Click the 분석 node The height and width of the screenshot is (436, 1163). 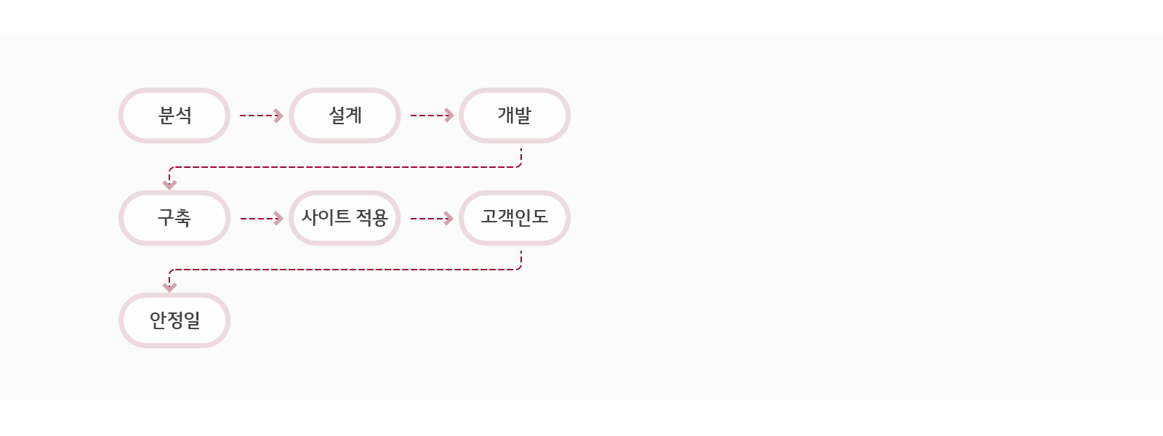tap(174, 116)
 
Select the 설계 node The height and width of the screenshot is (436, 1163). tap(345, 116)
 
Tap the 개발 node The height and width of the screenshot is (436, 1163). tap(515, 116)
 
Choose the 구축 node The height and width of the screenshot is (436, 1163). tap(174, 218)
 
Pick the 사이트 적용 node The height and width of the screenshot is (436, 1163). tap(345, 218)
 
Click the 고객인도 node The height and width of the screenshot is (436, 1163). tap(515, 218)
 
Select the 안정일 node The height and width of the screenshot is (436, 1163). tap(174, 320)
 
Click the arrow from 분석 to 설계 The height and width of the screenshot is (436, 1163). tap(261, 116)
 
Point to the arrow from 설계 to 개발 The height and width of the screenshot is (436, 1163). tap(432, 116)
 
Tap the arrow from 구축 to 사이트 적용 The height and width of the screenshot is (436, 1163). tap(261, 219)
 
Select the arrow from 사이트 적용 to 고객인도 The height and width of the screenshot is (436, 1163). tap(432, 219)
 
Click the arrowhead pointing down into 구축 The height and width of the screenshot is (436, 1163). tap(170, 185)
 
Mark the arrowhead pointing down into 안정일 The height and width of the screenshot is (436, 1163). tap(170, 287)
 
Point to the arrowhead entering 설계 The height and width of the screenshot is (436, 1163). tap(278, 116)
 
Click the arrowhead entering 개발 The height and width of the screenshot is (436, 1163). tap(449, 116)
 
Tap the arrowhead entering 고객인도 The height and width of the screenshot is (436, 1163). tap(449, 219)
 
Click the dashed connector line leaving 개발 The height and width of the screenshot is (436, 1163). tap(345, 167)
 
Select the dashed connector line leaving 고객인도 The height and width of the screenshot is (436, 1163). tap(345, 270)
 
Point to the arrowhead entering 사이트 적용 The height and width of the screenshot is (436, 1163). tap(278, 219)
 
